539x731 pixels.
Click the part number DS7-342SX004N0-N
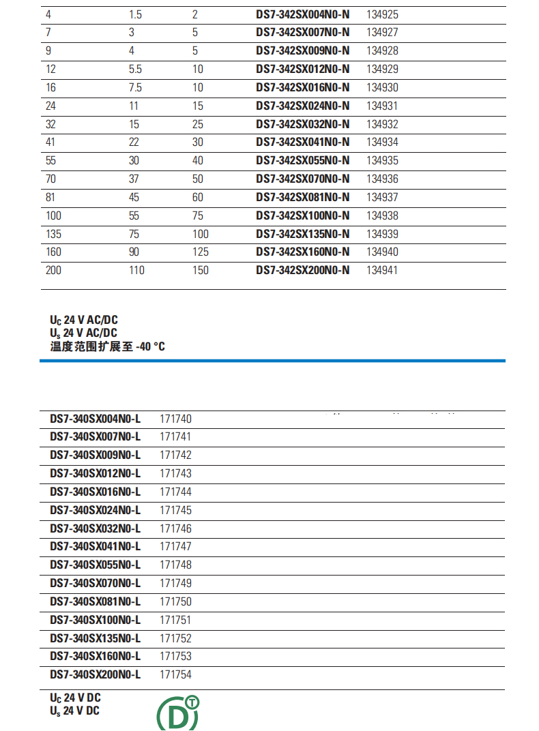click(302, 14)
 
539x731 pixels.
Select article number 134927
click(382, 32)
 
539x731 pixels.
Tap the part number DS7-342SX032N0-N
click(302, 124)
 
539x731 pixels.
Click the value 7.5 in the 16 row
click(135, 87)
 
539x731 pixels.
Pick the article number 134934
click(382, 143)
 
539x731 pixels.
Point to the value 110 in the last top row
click(136, 271)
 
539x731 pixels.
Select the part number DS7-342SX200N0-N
click(302, 271)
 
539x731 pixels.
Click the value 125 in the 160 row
click(200, 252)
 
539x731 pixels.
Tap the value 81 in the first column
click(50, 198)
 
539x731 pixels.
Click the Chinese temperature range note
click(107, 346)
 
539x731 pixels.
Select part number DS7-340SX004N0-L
click(96, 419)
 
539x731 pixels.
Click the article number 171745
click(175, 510)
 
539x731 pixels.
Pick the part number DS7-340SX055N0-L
click(96, 565)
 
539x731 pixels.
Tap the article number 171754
click(175, 675)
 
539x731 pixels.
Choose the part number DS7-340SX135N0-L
click(96, 639)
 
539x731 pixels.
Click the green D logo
click(178, 713)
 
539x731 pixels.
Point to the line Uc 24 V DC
click(75, 698)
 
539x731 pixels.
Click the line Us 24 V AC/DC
click(83, 333)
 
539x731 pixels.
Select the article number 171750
click(175, 602)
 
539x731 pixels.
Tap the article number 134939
click(382, 234)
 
